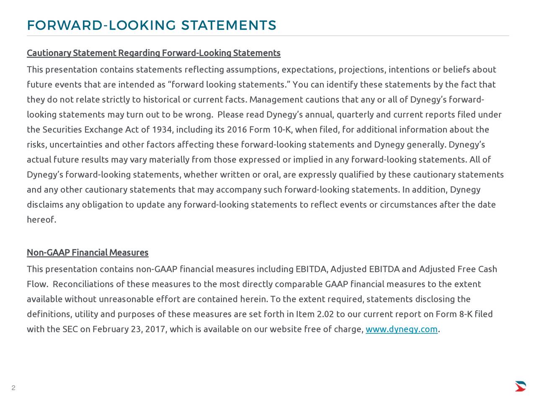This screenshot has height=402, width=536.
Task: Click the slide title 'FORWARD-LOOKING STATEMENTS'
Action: tap(151, 26)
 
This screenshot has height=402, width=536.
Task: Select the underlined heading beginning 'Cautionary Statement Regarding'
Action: tap(153, 53)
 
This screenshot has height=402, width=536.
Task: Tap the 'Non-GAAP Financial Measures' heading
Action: tap(88, 253)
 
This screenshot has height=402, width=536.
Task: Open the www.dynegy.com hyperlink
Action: tap(401, 330)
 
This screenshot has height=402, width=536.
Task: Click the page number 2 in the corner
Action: tap(13, 388)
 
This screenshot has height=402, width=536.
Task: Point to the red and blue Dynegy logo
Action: tap(520, 386)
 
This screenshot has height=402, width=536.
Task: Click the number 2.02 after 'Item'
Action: tap(325, 314)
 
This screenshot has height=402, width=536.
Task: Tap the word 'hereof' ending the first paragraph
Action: tap(40, 220)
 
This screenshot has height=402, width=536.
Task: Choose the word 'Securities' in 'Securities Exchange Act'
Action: tap(62, 130)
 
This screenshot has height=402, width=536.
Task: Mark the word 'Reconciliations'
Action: tap(83, 284)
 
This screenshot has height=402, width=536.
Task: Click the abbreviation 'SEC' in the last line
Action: tap(70, 330)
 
